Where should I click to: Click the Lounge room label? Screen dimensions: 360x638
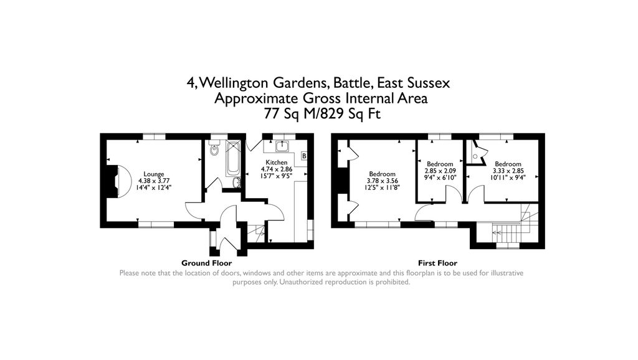point(153,174)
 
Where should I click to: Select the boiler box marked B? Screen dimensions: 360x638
point(304,156)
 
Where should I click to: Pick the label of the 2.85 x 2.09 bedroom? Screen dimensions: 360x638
point(439,164)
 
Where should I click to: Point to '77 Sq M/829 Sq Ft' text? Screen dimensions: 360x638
point(321,114)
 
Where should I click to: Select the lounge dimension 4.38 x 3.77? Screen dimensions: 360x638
point(153,181)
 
